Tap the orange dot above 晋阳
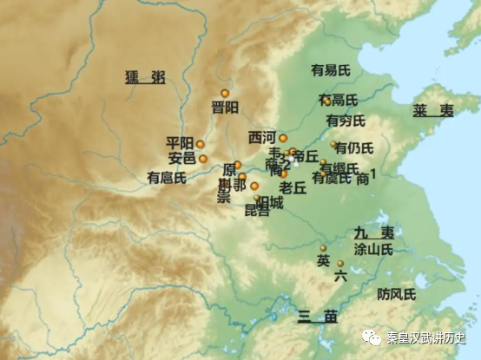point(225,93)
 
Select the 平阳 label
point(180,143)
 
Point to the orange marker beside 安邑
point(203,159)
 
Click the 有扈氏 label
point(166,178)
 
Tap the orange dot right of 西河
point(282,138)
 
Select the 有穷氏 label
point(346,120)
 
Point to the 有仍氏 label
point(354,147)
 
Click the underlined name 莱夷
point(432,111)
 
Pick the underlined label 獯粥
point(144,78)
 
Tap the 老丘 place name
point(293,187)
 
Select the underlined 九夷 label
point(374,232)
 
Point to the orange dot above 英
point(323,248)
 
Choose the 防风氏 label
point(396,294)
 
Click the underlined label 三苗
point(316,316)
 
